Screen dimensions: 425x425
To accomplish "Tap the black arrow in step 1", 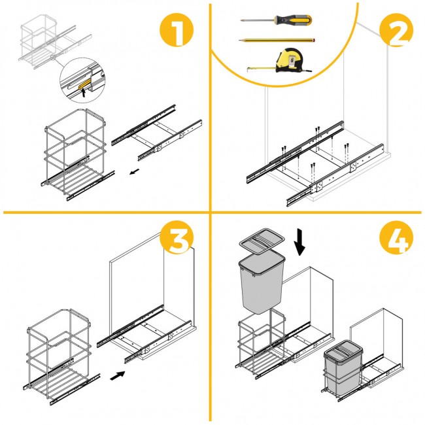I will tap(133, 173).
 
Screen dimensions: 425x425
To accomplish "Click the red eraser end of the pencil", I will tap(314, 40).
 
